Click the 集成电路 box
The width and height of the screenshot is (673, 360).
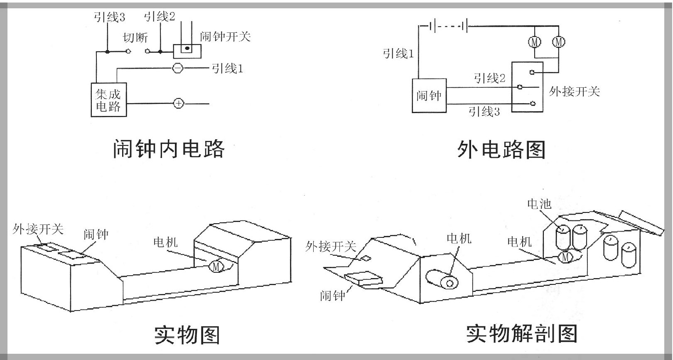[108, 100]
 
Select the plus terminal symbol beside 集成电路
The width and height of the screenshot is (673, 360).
[178, 104]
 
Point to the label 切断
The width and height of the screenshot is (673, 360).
[135, 37]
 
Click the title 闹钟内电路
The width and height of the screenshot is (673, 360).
[169, 149]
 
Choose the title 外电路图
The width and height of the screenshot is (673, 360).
[501, 150]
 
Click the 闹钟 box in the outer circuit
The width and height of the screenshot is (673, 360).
[429, 96]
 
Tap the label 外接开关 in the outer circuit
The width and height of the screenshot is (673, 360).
[575, 91]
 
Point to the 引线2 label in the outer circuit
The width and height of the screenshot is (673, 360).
[489, 78]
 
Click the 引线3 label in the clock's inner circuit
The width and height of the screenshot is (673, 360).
[109, 17]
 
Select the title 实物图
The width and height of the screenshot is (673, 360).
[187, 335]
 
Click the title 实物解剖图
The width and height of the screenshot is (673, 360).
[522, 333]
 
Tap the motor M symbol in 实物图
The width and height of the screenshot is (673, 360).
[216, 266]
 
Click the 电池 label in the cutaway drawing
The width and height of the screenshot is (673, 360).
[539, 204]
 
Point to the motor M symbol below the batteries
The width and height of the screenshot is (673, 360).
[565, 257]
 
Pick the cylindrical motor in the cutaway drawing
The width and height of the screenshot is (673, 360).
[443, 280]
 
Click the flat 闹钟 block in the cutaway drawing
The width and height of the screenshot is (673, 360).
[363, 278]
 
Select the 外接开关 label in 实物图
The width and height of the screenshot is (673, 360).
[38, 229]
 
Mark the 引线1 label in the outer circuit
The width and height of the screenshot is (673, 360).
[398, 53]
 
